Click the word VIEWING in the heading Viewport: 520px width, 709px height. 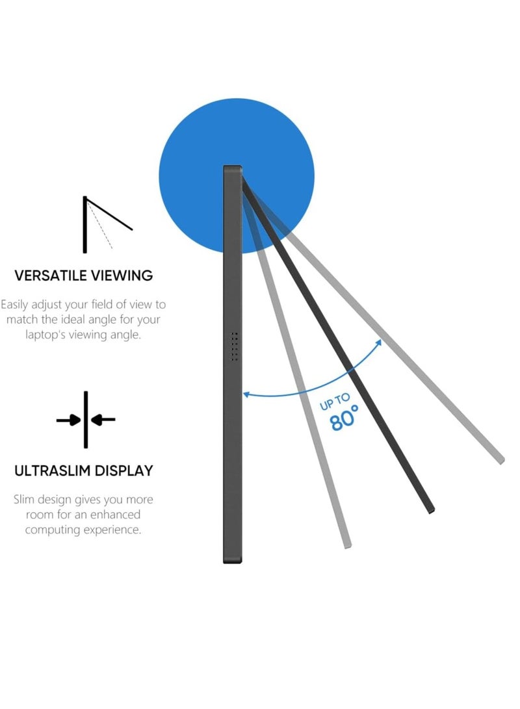click(x=122, y=276)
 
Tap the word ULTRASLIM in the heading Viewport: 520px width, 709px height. click(x=51, y=471)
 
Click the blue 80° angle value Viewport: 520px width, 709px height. click(x=344, y=419)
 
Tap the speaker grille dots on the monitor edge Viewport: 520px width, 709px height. click(x=234, y=347)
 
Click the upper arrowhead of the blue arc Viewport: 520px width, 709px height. click(x=378, y=343)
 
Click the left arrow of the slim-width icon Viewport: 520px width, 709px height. click(x=68, y=420)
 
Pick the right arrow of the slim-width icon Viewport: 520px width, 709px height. click(x=103, y=420)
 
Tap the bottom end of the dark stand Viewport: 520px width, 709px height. click(x=431, y=510)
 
